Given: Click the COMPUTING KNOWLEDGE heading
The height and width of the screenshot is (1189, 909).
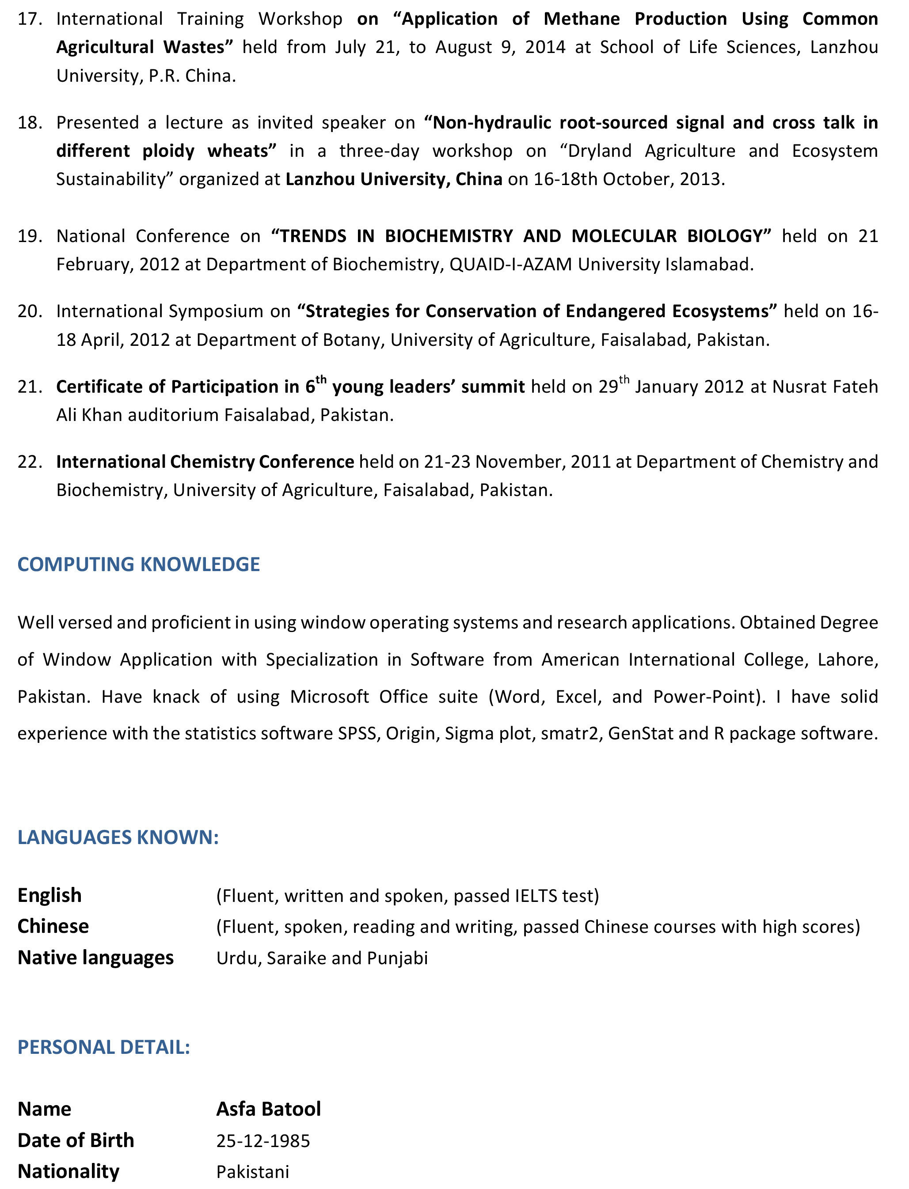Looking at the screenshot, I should click(x=138, y=564).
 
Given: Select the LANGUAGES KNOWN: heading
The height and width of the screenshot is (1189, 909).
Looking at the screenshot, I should click(x=118, y=837).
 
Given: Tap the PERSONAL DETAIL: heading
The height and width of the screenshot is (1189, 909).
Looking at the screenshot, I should click(x=104, y=1047).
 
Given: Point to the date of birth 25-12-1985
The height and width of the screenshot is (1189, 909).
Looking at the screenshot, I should click(x=263, y=1140).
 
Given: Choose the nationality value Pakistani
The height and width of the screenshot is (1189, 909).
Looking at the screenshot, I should click(x=253, y=1172).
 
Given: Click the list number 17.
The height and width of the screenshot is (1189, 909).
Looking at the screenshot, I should click(x=30, y=19).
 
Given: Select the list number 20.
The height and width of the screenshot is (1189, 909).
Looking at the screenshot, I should click(x=30, y=311).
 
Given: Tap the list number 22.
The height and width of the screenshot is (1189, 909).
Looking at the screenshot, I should click(x=30, y=462).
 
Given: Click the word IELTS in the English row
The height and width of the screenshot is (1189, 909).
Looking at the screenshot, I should click(x=536, y=896).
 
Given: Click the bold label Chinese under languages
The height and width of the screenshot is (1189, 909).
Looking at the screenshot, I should click(x=53, y=926).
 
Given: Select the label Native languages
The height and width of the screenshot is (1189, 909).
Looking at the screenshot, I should click(x=96, y=958).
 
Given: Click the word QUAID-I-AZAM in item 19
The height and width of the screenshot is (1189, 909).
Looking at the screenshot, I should click(x=510, y=265).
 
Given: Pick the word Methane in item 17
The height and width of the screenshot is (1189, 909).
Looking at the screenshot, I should click(x=582, y=19).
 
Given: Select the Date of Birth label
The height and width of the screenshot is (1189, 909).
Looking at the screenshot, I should click(x=76, y=1140).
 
